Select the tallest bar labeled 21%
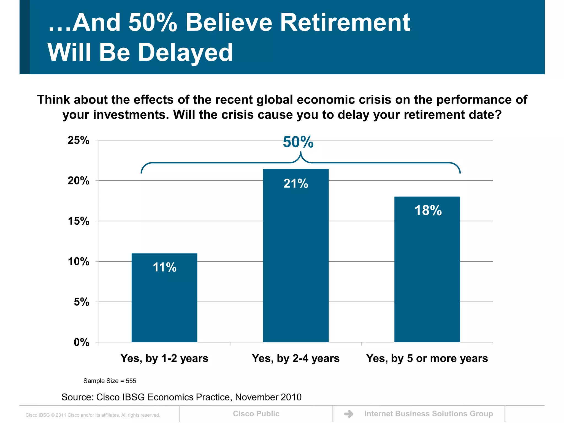296,256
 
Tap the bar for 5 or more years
427,270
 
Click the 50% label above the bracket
298,142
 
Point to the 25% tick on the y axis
78,140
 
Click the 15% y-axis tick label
78,221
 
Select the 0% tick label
82,342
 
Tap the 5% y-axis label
82,302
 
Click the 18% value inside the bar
428,210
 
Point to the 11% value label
165,267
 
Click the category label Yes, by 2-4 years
296,358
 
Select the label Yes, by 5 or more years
427,358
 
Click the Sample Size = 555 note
110,381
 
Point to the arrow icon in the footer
349,414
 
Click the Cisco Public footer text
256,414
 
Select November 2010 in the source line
268,397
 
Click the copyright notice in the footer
93,415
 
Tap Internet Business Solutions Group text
429,414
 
